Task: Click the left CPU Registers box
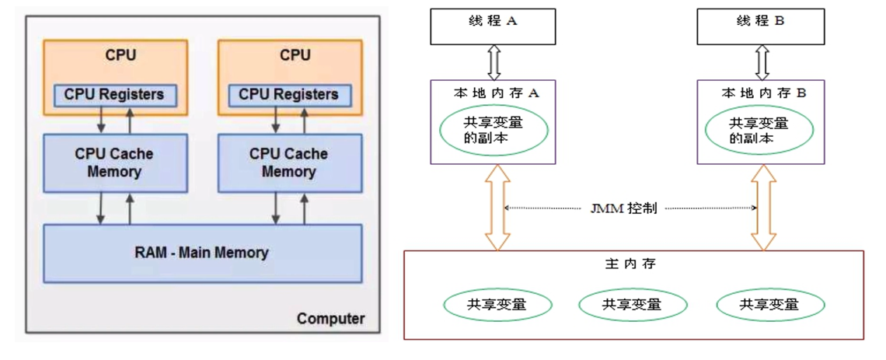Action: [114, 94]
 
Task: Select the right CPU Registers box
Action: [288, 94]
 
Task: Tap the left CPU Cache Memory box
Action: [114, 163]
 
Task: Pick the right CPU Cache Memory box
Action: [288, 163]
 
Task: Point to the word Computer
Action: [330, 319]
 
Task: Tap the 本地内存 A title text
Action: [493, 93]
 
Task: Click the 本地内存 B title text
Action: [760, 93]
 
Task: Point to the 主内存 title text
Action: [630, 264]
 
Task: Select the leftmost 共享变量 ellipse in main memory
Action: [497, 304]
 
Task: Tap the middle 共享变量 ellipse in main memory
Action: [631, 304]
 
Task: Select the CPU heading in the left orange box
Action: [120, 55]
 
